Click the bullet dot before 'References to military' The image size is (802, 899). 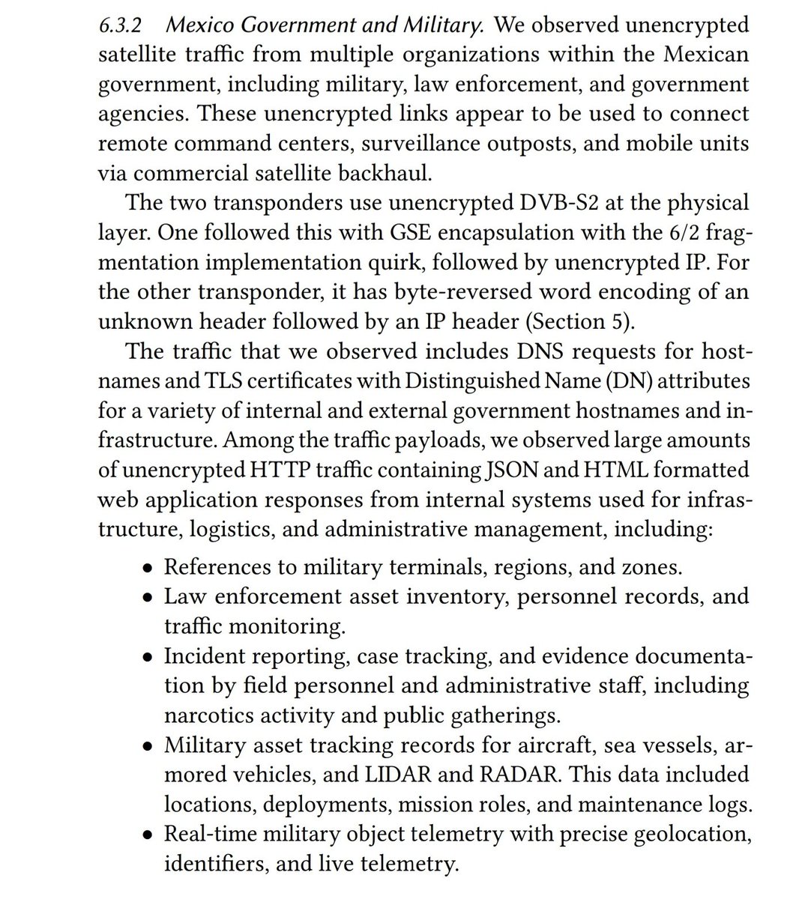(x=148, y=567)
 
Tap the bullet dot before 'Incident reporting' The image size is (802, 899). (x=148, y=656)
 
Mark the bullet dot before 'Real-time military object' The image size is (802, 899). (x=148, y=835)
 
